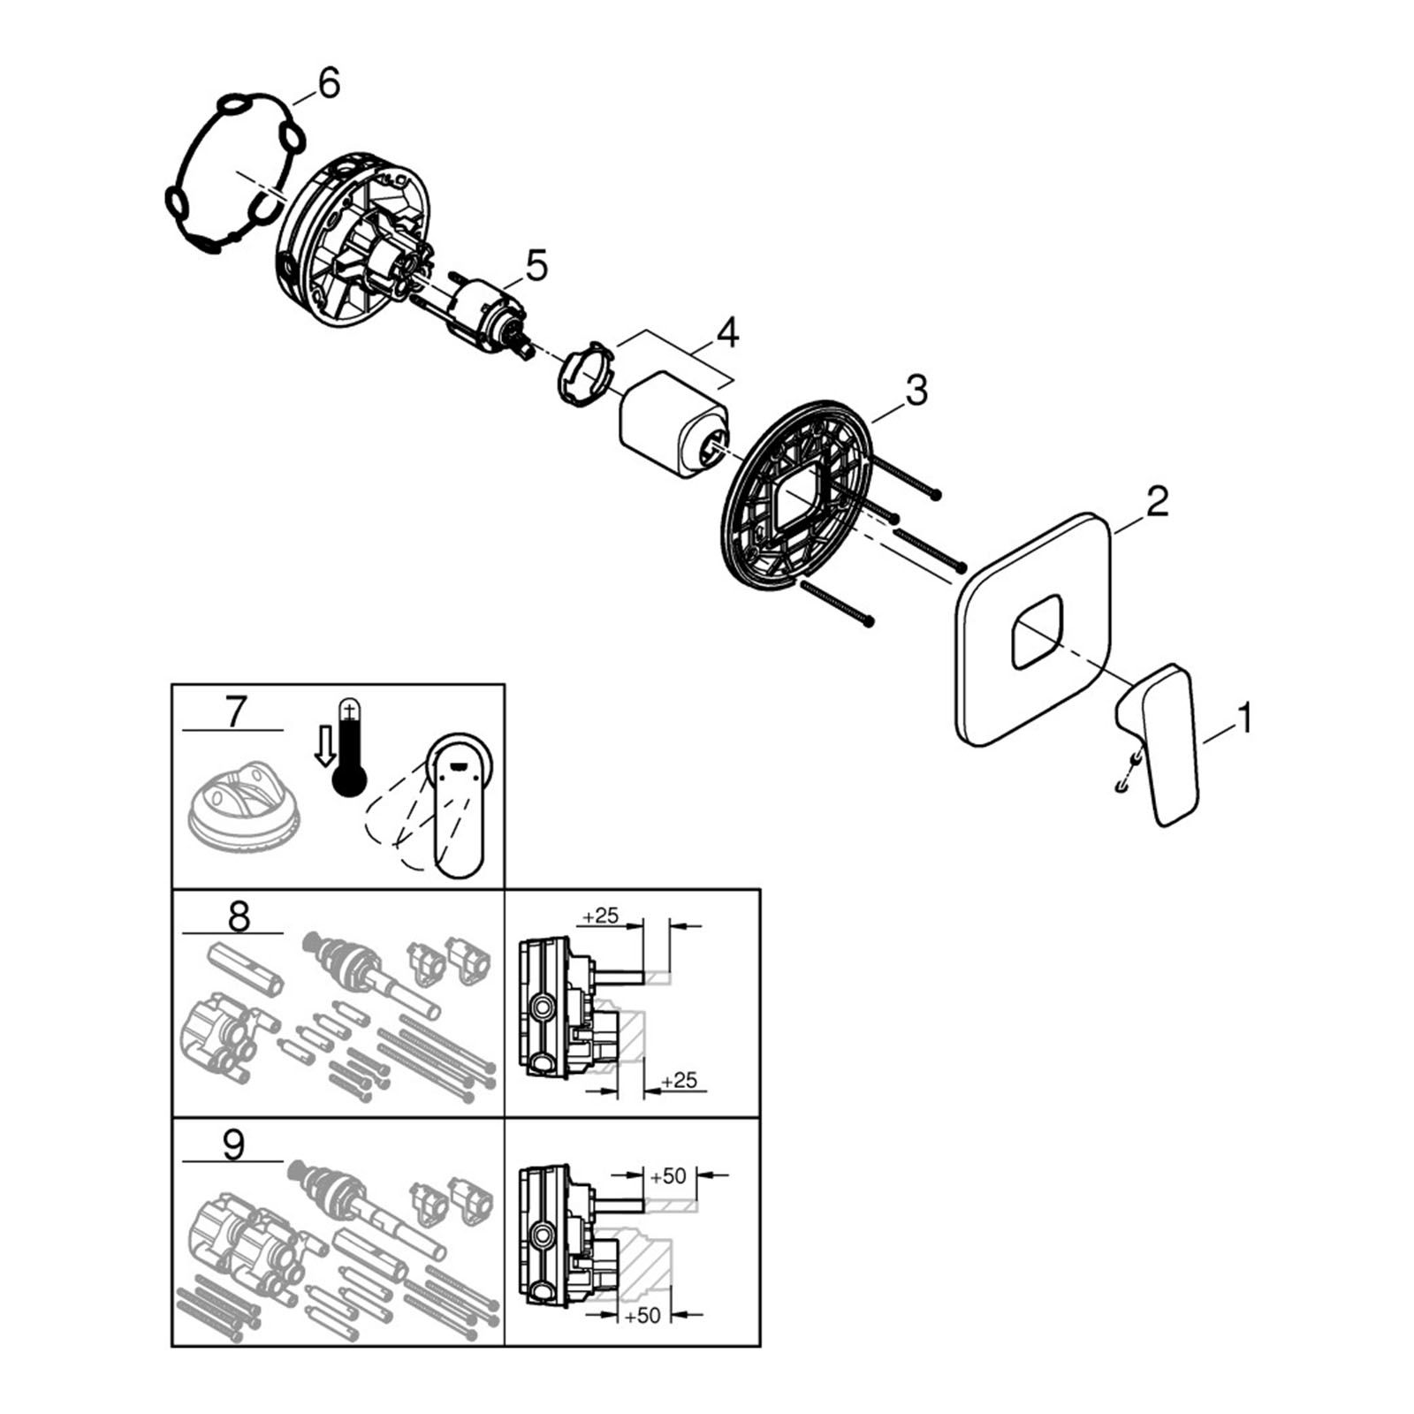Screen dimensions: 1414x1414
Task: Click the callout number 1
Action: [x=1244, y=718]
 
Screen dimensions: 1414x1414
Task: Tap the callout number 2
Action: [x=1157, y=501]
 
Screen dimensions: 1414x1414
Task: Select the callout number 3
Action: [x=916, y=390]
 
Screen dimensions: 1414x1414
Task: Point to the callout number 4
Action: [x=726, y=333]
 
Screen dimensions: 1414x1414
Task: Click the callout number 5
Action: [x=536, y=265]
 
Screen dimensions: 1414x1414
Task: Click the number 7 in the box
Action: [x=235, y=712]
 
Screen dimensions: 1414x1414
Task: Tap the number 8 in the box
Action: [x=239, y=916]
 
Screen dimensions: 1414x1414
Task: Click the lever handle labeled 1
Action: [x=1159, y=743]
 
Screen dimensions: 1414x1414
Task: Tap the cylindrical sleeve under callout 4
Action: [x=675, y=422]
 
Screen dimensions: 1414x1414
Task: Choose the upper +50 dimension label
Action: [x=667, y=1176]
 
